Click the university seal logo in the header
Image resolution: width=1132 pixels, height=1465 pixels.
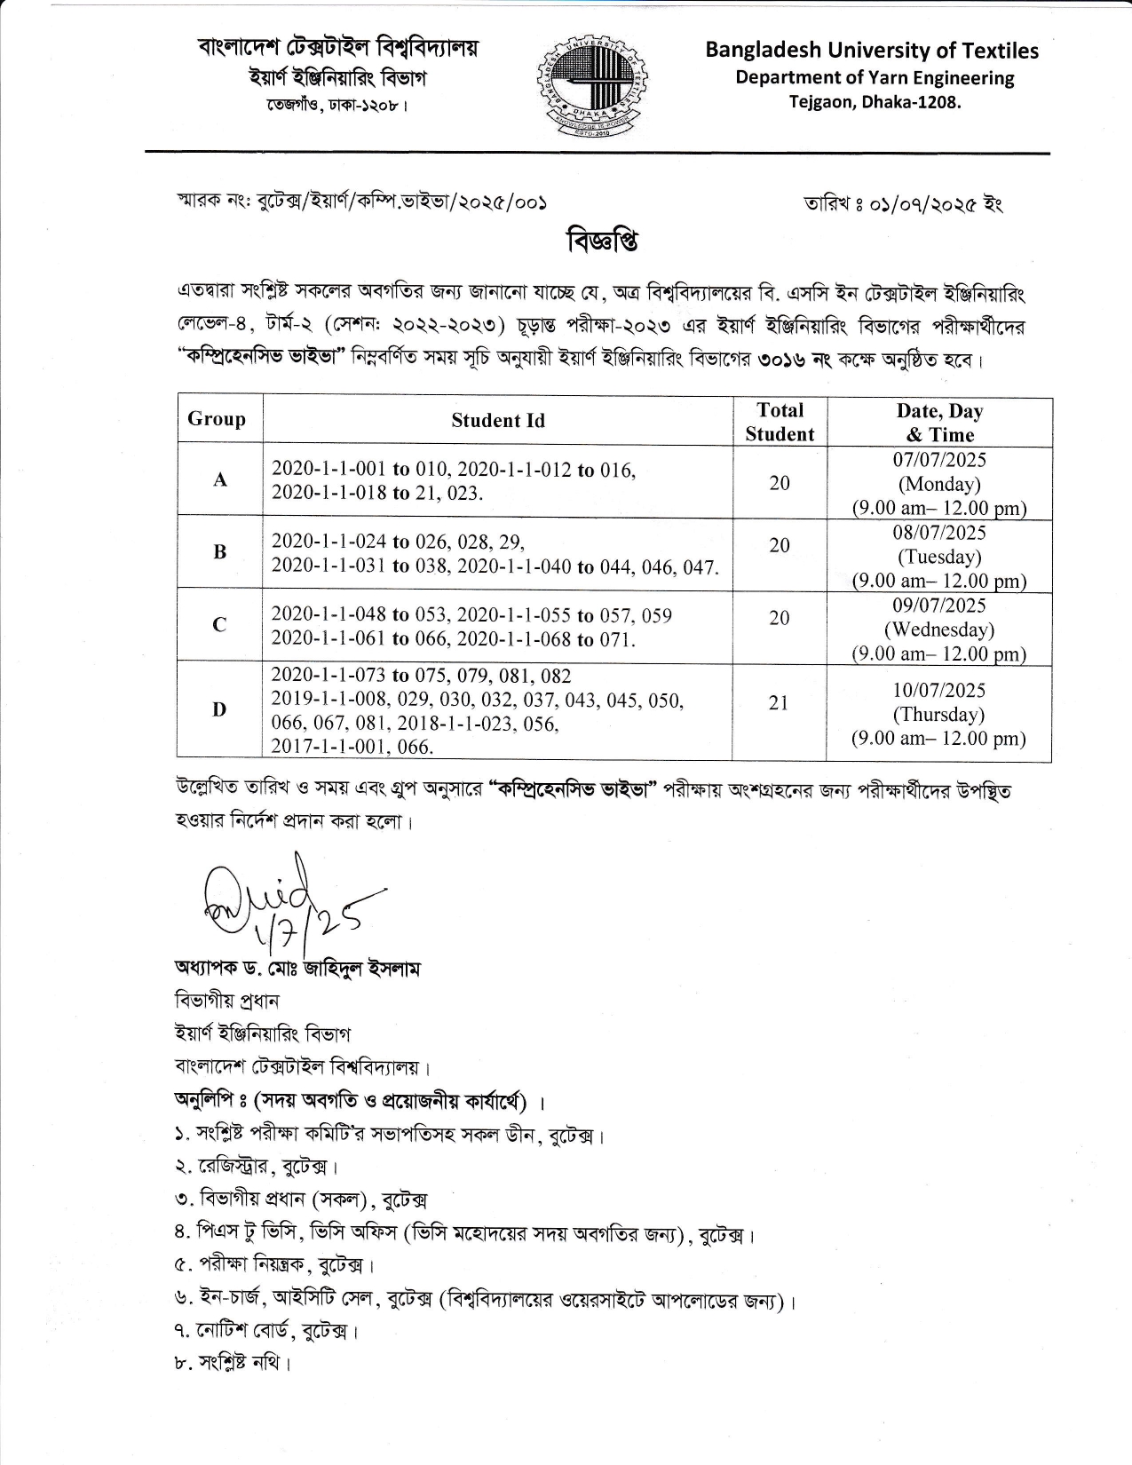point(591,86)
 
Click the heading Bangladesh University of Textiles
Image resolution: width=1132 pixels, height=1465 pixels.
point(871,51)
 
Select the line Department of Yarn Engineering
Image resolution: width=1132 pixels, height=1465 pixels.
point(874,78)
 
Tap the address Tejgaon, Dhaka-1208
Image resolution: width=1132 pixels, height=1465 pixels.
point(875,102)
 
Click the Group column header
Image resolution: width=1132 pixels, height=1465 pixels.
point(217,419)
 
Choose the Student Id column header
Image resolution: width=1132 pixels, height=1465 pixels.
point(497,421)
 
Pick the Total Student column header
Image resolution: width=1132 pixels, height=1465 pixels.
point(780,422)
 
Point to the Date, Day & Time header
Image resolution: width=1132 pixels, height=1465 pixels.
point(939,423)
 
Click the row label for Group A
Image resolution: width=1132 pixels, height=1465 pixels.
point(220,480)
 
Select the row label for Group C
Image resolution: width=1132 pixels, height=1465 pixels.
point(219,625)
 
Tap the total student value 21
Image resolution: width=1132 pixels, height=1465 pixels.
point(779,702)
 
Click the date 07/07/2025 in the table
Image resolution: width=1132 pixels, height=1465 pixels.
point(939,460)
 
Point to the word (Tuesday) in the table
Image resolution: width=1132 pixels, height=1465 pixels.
point(939,557)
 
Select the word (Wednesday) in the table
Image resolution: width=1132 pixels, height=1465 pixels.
point(939,630)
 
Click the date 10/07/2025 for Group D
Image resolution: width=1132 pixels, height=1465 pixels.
point(939,690)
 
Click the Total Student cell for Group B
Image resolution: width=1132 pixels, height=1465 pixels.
point(779,545)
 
